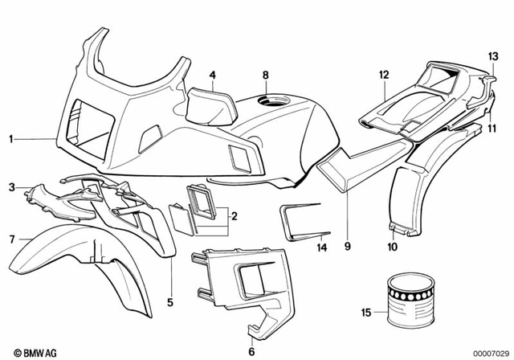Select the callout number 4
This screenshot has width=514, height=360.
tap(212, 76)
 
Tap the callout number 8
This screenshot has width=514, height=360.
tap(265, 76)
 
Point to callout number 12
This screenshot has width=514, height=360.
tap(384, 74)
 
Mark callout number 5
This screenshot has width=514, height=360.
tap(169, 302)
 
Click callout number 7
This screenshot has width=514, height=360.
tap(11, 239)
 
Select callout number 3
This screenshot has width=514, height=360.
tap(11, 187)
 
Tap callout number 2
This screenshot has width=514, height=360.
tap(234, 216)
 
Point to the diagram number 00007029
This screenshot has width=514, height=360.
tap(487, 352)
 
